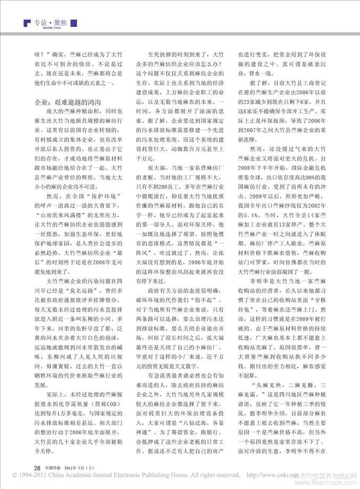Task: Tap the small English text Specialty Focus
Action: click(44, 31)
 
